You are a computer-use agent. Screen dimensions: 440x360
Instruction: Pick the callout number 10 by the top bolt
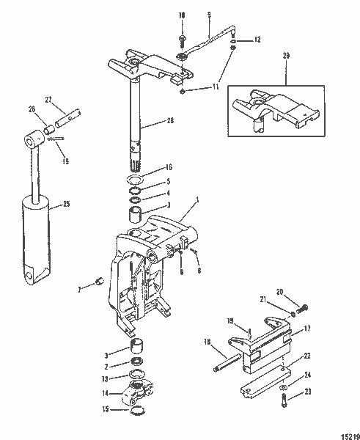pyautogui.click(x=182, y=14)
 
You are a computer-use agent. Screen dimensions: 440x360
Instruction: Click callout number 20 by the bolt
pyautogui.click(x=280, y=291)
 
